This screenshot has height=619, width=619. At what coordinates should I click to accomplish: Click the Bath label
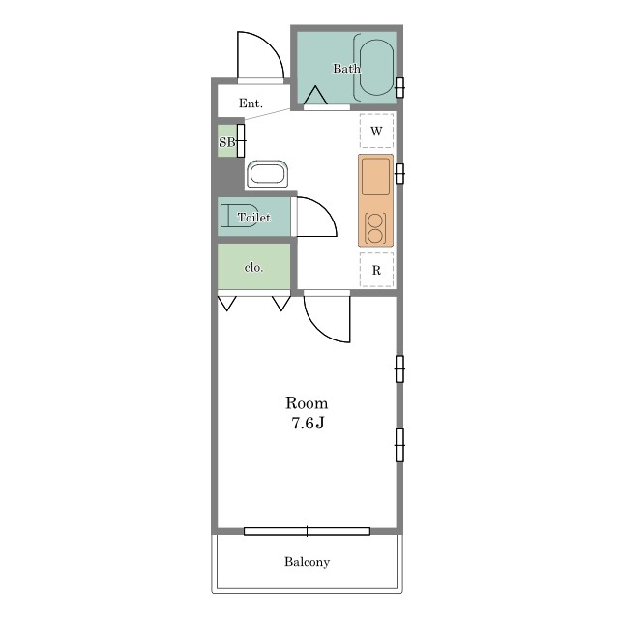coord(346,69)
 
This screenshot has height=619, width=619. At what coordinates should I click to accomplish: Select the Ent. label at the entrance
coord(251,103)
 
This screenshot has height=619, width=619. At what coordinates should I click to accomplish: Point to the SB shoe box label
coord(227,142)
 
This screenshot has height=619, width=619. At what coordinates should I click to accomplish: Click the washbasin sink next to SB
coord(267,174)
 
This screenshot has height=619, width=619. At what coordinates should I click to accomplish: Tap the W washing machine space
coord(376,131)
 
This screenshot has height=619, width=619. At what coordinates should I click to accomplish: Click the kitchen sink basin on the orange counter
coord(376,176)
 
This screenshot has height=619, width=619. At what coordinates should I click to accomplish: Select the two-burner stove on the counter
coord(375,228)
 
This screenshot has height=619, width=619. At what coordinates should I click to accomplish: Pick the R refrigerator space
coord(376,270)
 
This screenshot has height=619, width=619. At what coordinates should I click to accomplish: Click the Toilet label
coord(253,217)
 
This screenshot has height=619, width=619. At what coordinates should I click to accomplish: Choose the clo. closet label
coord(253,268)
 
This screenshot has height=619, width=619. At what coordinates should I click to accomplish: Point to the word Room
coord(307,403)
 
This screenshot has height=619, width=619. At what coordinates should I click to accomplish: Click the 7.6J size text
coord(308,423)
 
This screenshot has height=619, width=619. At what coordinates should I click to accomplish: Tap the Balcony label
coord(308,561)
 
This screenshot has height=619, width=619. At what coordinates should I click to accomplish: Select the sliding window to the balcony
coord(308,531)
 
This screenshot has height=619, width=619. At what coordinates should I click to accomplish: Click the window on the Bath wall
coord(399,88)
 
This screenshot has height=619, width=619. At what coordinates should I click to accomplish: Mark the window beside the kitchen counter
coord(399,174)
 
